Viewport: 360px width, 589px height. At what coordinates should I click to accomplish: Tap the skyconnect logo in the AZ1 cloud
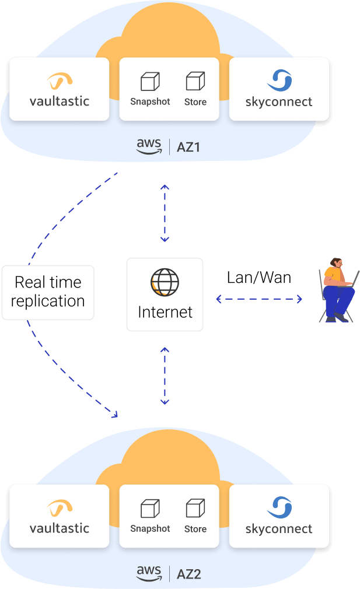pos(279,80)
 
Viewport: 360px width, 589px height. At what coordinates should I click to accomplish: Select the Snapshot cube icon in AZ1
pos(150,82)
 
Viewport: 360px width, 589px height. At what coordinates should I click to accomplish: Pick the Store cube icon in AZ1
pos(195,81)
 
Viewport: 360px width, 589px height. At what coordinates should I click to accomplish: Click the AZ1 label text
pos(188,148)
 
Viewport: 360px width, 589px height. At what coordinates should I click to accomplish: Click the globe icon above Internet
pos(165,282)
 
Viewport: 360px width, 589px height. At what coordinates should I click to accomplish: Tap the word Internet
pos(165,312)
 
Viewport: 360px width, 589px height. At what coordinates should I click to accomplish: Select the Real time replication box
pos(48,292)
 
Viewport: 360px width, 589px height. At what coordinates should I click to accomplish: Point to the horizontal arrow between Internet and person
pos(259,299)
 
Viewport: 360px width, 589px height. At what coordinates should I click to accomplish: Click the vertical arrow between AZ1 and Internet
pos(165,213)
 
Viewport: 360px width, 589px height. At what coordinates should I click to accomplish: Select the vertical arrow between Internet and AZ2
pos(165,376)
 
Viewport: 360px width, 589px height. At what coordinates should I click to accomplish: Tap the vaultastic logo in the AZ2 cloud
pos(60,508)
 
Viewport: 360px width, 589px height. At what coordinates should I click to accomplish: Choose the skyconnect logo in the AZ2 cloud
pos(279,507)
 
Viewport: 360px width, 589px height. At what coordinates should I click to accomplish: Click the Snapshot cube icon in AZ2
pos(150,509)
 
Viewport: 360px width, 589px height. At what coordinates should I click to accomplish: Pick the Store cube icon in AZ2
pos(195,508)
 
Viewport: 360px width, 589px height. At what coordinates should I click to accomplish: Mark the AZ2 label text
pos(188,574)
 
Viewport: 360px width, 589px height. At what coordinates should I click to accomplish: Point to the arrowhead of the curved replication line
pos(115,415)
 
